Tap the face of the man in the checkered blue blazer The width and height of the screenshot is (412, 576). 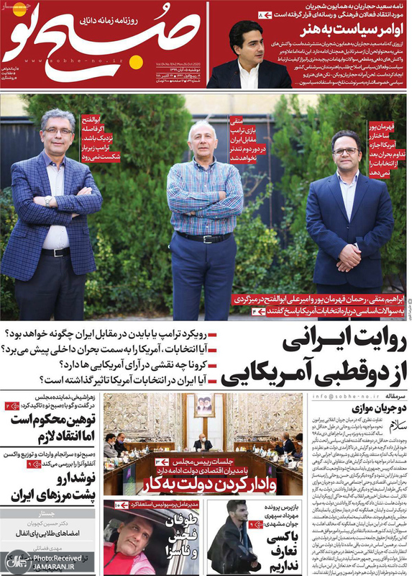[58, 130]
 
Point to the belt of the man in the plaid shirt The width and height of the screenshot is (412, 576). [204, 237]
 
